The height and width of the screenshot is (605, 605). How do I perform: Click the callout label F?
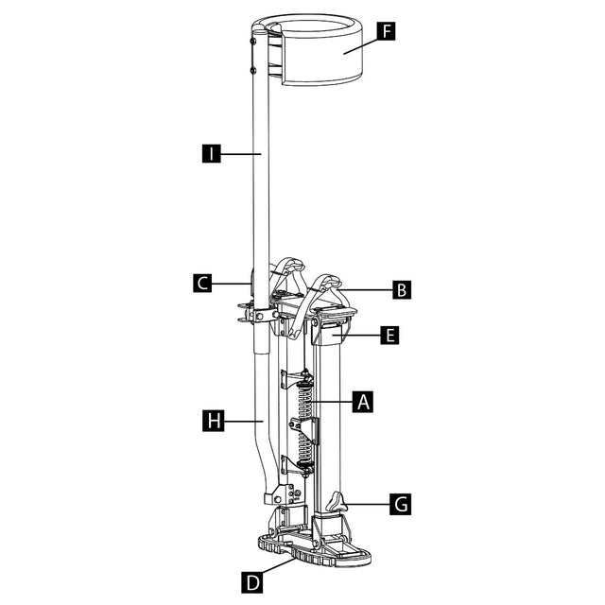(387, 31)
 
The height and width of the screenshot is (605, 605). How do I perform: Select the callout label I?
(212, 153)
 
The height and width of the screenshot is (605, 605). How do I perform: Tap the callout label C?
(202, 284)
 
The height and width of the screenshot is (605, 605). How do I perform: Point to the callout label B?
(402, 289)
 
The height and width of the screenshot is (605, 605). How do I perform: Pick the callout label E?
(389, 335)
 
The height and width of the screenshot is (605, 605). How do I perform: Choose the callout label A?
(363, 402)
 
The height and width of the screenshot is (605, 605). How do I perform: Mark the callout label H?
(214, 421)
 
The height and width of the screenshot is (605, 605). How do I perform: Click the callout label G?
(401, 504)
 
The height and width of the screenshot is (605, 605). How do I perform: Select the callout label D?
(252, 582)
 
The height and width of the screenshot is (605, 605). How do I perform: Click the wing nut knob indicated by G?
(337, 502)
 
